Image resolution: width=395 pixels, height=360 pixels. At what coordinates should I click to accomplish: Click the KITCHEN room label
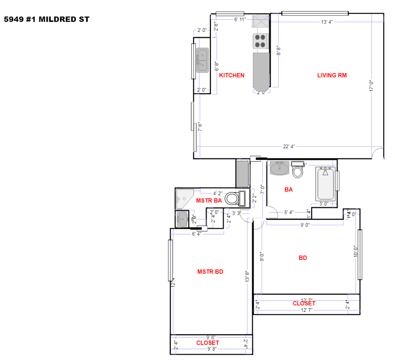click(x=232, y=75)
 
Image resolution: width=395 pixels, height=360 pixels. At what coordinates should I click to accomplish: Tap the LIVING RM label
click(x=332, y=75)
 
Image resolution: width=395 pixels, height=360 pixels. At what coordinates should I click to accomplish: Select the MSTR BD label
click(x=210, y=272)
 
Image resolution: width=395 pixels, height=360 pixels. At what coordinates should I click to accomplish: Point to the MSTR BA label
click(x=209, y=201)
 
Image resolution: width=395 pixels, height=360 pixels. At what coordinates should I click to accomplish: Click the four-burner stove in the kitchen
click(x=260, y=41)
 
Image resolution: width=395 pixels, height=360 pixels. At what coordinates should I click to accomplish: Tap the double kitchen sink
click(x=202, y=60)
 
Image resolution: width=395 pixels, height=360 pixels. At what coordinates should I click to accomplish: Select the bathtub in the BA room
click(x=325, y=184)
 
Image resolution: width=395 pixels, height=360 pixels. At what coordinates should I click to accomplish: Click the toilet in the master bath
click(x=234, y=198)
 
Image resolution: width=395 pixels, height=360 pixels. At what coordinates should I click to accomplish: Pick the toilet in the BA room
click(x=297, y=170)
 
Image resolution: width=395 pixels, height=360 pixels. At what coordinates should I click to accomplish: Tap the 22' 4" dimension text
click(x=289, y=146)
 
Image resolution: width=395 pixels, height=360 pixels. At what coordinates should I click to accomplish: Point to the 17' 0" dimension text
click(x=371, y=85)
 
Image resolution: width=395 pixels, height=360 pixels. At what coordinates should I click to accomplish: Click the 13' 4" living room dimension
click(x=327, y=22)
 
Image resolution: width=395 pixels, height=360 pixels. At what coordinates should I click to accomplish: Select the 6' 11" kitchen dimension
click(x=240, y=19)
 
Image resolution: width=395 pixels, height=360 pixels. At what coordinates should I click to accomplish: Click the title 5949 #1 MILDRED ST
click(x=47, y=19)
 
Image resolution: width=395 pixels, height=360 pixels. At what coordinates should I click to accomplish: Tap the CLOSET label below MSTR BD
click(x=207, y=343)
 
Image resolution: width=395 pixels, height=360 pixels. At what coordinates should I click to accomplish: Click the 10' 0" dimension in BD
click(x=355, y=251)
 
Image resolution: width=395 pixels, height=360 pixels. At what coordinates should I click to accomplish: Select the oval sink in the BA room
click(x=279, y=168)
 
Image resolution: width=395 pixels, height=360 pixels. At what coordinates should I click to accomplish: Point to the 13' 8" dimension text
click(x=247, y=276)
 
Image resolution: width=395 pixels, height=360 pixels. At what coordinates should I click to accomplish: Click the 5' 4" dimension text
click(x=289, y=212)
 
